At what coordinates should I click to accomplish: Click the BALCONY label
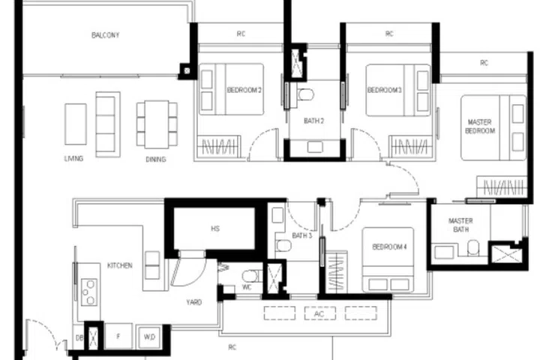tap(106, 35)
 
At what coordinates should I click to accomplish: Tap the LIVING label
tap(73, 159)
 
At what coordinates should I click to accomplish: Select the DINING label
tap(155, 159)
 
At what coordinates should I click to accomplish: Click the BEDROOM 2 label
tap(244, 91)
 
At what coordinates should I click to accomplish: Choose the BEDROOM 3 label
tap(385, 91)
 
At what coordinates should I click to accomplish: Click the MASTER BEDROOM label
tap(480, 126)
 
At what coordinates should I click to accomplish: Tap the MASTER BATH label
tap(460, 226)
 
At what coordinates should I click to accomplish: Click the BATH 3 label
tap(301, 235)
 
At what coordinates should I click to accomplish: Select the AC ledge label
tap(319, 313)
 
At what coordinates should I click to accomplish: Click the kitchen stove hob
tap(88, 291)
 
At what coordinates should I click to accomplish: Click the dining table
tap(151, 123)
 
